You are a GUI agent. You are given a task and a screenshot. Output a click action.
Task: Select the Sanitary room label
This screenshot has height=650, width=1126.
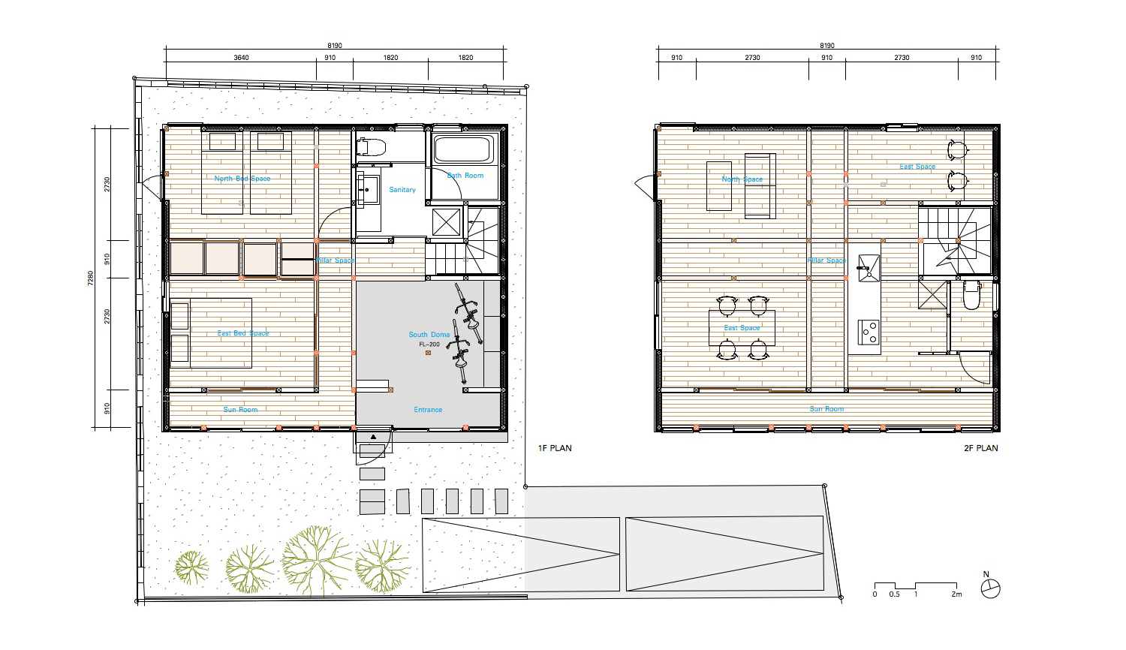point(402,190)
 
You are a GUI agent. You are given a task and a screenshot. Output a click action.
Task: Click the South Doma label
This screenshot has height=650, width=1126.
point(429,335)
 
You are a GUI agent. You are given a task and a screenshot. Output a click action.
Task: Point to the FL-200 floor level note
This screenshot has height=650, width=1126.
point(429,345)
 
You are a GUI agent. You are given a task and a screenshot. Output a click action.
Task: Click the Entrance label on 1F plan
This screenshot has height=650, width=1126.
point(428,410)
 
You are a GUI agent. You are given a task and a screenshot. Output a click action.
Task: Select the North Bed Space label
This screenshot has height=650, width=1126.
point(242,179)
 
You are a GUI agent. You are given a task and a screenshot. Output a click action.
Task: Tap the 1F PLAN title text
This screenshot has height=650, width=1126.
point(555,448)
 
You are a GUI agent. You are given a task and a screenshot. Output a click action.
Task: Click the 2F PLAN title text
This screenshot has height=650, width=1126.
point(980,448)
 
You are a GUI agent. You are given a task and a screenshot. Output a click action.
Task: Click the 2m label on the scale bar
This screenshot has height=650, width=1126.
point(956,594)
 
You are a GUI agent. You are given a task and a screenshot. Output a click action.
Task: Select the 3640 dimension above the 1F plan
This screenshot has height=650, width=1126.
point(241,58)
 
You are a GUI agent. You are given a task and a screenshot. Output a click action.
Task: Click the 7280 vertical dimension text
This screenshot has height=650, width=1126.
point(89,278)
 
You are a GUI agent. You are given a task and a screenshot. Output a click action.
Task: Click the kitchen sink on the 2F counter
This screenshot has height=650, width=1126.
point(869,264)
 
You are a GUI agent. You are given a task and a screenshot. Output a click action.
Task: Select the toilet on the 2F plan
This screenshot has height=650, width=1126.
point(971,296)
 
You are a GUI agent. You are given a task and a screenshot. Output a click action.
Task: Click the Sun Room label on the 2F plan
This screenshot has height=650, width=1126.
point(826,409)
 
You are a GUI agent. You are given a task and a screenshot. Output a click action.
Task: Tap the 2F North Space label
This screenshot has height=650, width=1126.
point(742,179)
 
